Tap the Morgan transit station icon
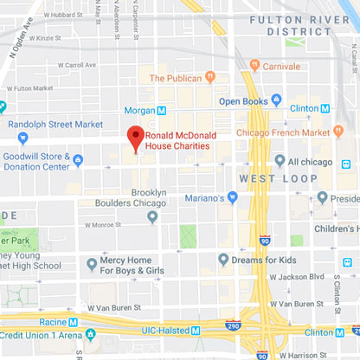click(162, 111)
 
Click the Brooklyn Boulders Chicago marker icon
click(153, 216)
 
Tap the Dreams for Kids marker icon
click(224, 259)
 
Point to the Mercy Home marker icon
click(93, 262)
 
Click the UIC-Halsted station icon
click(196, 331)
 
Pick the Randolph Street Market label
click(57, 123)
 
